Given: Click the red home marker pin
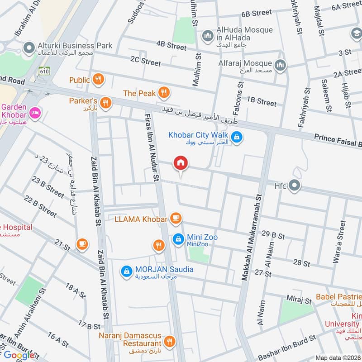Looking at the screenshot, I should (181, 163).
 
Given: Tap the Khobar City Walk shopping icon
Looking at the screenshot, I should (236, 136).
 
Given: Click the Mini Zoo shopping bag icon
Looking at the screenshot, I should (178, 238).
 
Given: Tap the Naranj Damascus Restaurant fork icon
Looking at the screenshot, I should (170, 342).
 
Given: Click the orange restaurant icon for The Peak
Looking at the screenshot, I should (164, 93).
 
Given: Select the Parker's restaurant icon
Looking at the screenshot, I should (105, 103).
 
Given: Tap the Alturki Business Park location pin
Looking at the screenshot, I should (30, 47).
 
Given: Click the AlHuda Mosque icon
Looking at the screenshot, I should (208, 35).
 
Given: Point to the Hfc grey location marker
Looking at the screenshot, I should (294, 186).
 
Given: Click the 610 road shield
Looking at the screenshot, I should (44, 71).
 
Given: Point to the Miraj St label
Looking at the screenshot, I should (300, 300).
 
